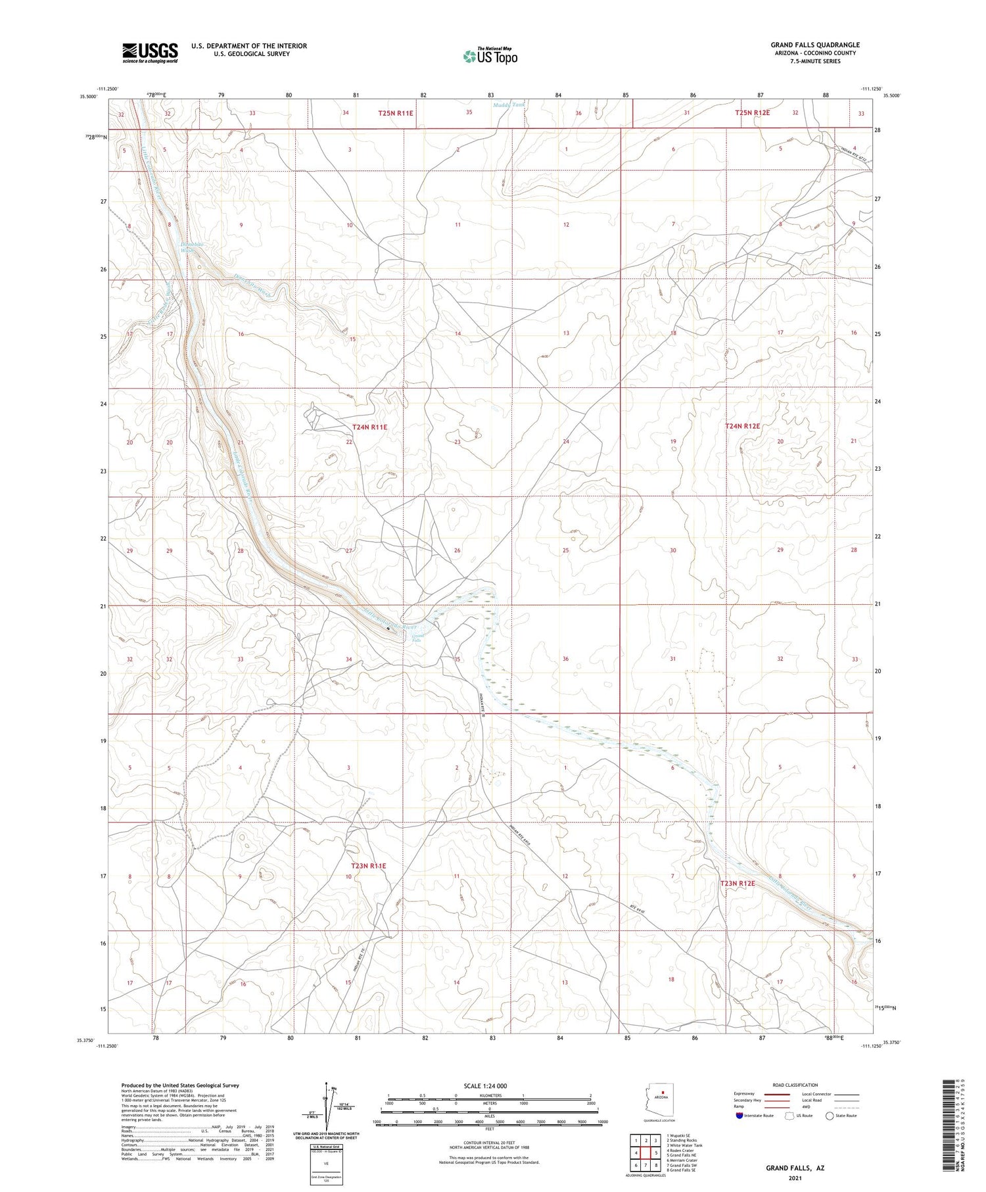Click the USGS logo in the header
click(x=149, y=53)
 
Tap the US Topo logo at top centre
click(x=490, y=57)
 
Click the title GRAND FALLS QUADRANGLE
click(x=814, y=45)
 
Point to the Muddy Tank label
click(x=509, y=105)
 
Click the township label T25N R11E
click(x=396, y=113)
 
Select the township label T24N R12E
click(x=742, y=426)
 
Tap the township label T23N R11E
click(x=368, y=866)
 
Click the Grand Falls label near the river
click(x=417, y=638)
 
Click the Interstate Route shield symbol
click(x=739, y=1116)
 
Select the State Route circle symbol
click(x=830, y=1115)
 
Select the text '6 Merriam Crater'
click(x=682, y=1160)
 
